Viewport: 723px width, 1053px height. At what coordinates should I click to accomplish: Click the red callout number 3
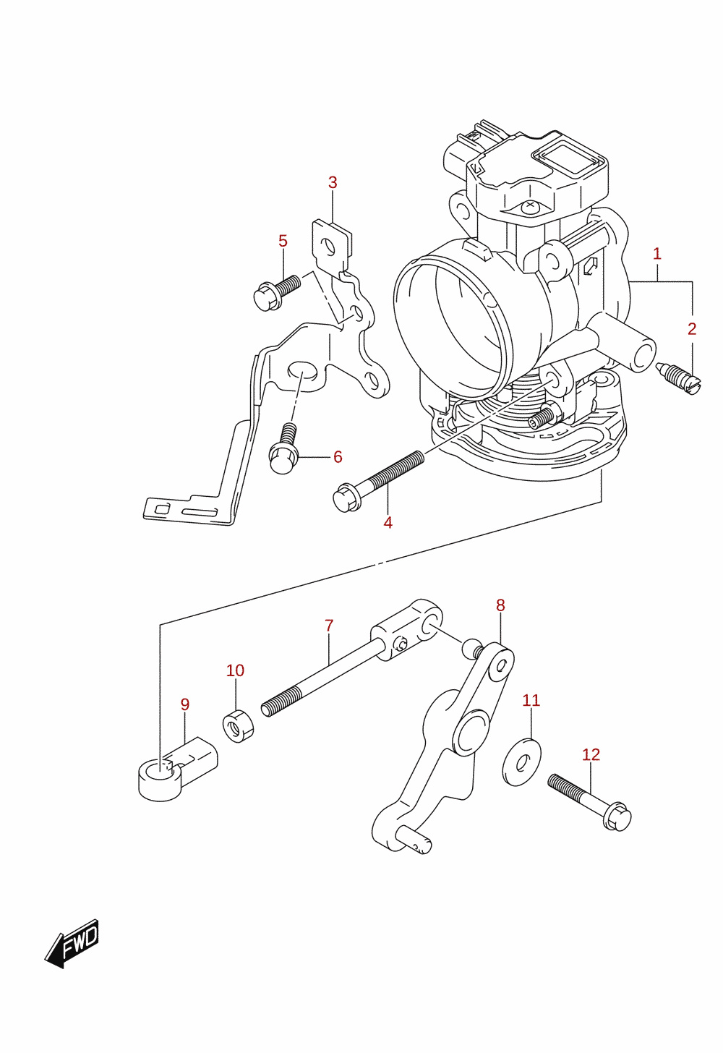click(333, 183)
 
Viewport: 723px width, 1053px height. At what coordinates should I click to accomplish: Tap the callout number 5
click(283, 241)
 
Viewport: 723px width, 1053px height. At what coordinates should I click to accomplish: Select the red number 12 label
click(591, 755)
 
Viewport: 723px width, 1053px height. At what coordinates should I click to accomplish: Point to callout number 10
click(235, 671)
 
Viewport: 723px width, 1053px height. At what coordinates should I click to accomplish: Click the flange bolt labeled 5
click(277, 292)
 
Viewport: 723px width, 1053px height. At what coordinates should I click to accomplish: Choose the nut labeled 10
click(239, 726)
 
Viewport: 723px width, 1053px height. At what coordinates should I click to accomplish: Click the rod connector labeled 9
click(178, 769)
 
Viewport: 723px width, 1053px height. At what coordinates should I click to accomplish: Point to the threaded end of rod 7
click(281, 703)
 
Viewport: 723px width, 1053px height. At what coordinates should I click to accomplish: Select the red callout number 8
click(500, 605)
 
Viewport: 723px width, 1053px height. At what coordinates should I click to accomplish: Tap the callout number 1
click(656, 254)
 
